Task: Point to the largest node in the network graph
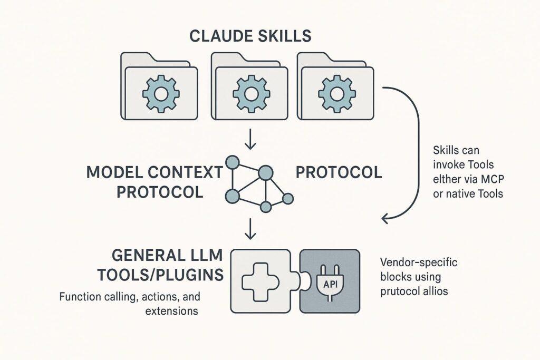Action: [265, 171]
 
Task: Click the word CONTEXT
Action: [178, 172]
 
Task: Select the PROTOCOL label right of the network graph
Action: [339, 172]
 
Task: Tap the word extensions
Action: [172, 311]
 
